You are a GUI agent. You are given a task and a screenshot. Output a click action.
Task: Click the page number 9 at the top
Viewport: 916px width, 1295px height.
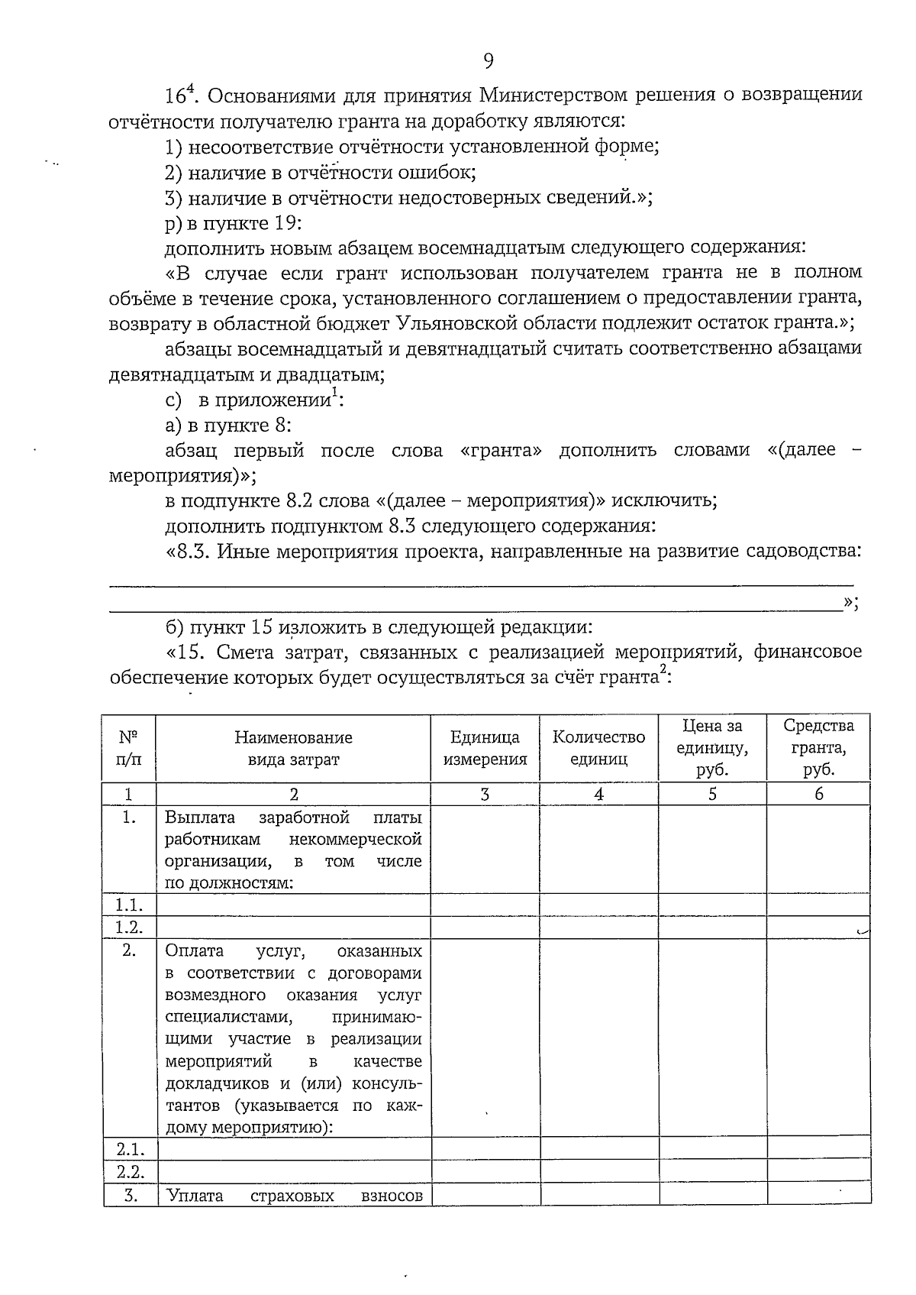coord(488,60)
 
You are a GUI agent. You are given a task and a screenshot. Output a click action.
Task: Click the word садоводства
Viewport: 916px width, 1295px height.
coord(808,552)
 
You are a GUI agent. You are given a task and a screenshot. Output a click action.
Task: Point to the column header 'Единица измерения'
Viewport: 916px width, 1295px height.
coord(485,748)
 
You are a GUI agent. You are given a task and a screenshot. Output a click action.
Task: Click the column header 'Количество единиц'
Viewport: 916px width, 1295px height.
coord(598,748)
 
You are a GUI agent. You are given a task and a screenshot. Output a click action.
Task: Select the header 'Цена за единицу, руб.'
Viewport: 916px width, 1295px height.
coord(712,748)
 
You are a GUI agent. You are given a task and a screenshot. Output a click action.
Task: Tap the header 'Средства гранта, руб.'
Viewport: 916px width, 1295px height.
coord(818,748)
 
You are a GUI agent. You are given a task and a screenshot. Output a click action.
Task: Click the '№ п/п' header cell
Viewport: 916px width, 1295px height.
coord(129,748)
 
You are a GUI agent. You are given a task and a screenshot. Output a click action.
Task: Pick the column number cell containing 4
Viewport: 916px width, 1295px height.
coord(598,795)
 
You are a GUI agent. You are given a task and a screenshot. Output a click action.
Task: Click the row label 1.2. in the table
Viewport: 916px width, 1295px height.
coord(129,928)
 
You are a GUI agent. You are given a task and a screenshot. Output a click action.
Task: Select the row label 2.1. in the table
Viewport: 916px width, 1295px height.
coord(130,1149)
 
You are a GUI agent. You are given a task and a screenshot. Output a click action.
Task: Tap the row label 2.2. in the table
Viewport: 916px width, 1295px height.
coord(130,1172)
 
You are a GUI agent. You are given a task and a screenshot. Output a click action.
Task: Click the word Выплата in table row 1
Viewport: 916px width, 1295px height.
coord(195,817)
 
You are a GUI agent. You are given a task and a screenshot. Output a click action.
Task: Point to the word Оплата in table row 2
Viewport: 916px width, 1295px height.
coord(194,951)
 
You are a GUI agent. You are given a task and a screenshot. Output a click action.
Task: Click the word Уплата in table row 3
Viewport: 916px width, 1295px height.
coord(194,1196)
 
